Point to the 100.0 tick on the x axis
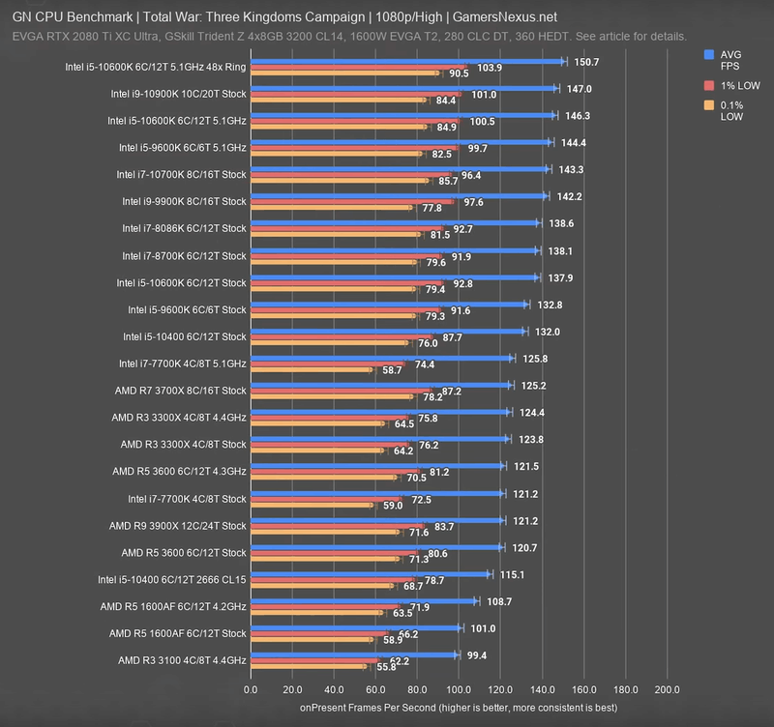point(459,689)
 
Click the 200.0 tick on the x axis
point(667,689)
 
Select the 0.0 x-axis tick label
point(251,689)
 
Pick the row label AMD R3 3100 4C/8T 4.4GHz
point(182,660)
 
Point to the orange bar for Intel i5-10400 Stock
point(329,343)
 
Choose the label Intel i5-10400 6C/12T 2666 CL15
point(172,579)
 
